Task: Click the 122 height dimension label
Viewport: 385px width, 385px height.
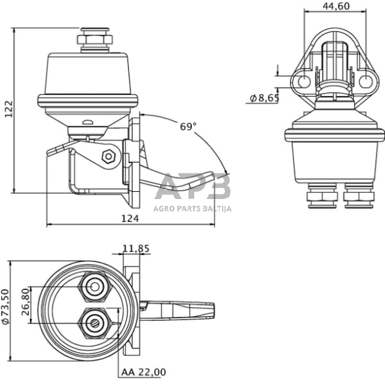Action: (x=9, y=109)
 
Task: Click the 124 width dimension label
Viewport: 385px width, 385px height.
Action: (x=130, y=218)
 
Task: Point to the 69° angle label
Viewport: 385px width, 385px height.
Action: (x=188, y=127)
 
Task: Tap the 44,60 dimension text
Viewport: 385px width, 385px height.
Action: (x=336, y=6)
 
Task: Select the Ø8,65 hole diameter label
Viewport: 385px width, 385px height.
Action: (x=265, y=98)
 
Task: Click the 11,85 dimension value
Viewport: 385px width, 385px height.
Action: (x=136, y=249)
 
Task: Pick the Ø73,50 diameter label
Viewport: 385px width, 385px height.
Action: (x=5, y=307)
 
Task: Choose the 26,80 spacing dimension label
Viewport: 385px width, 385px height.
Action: (x=26, y=302)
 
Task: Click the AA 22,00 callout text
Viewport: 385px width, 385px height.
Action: (x=143, y=372)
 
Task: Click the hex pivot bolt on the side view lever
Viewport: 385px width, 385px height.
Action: (x=109, y=156)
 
